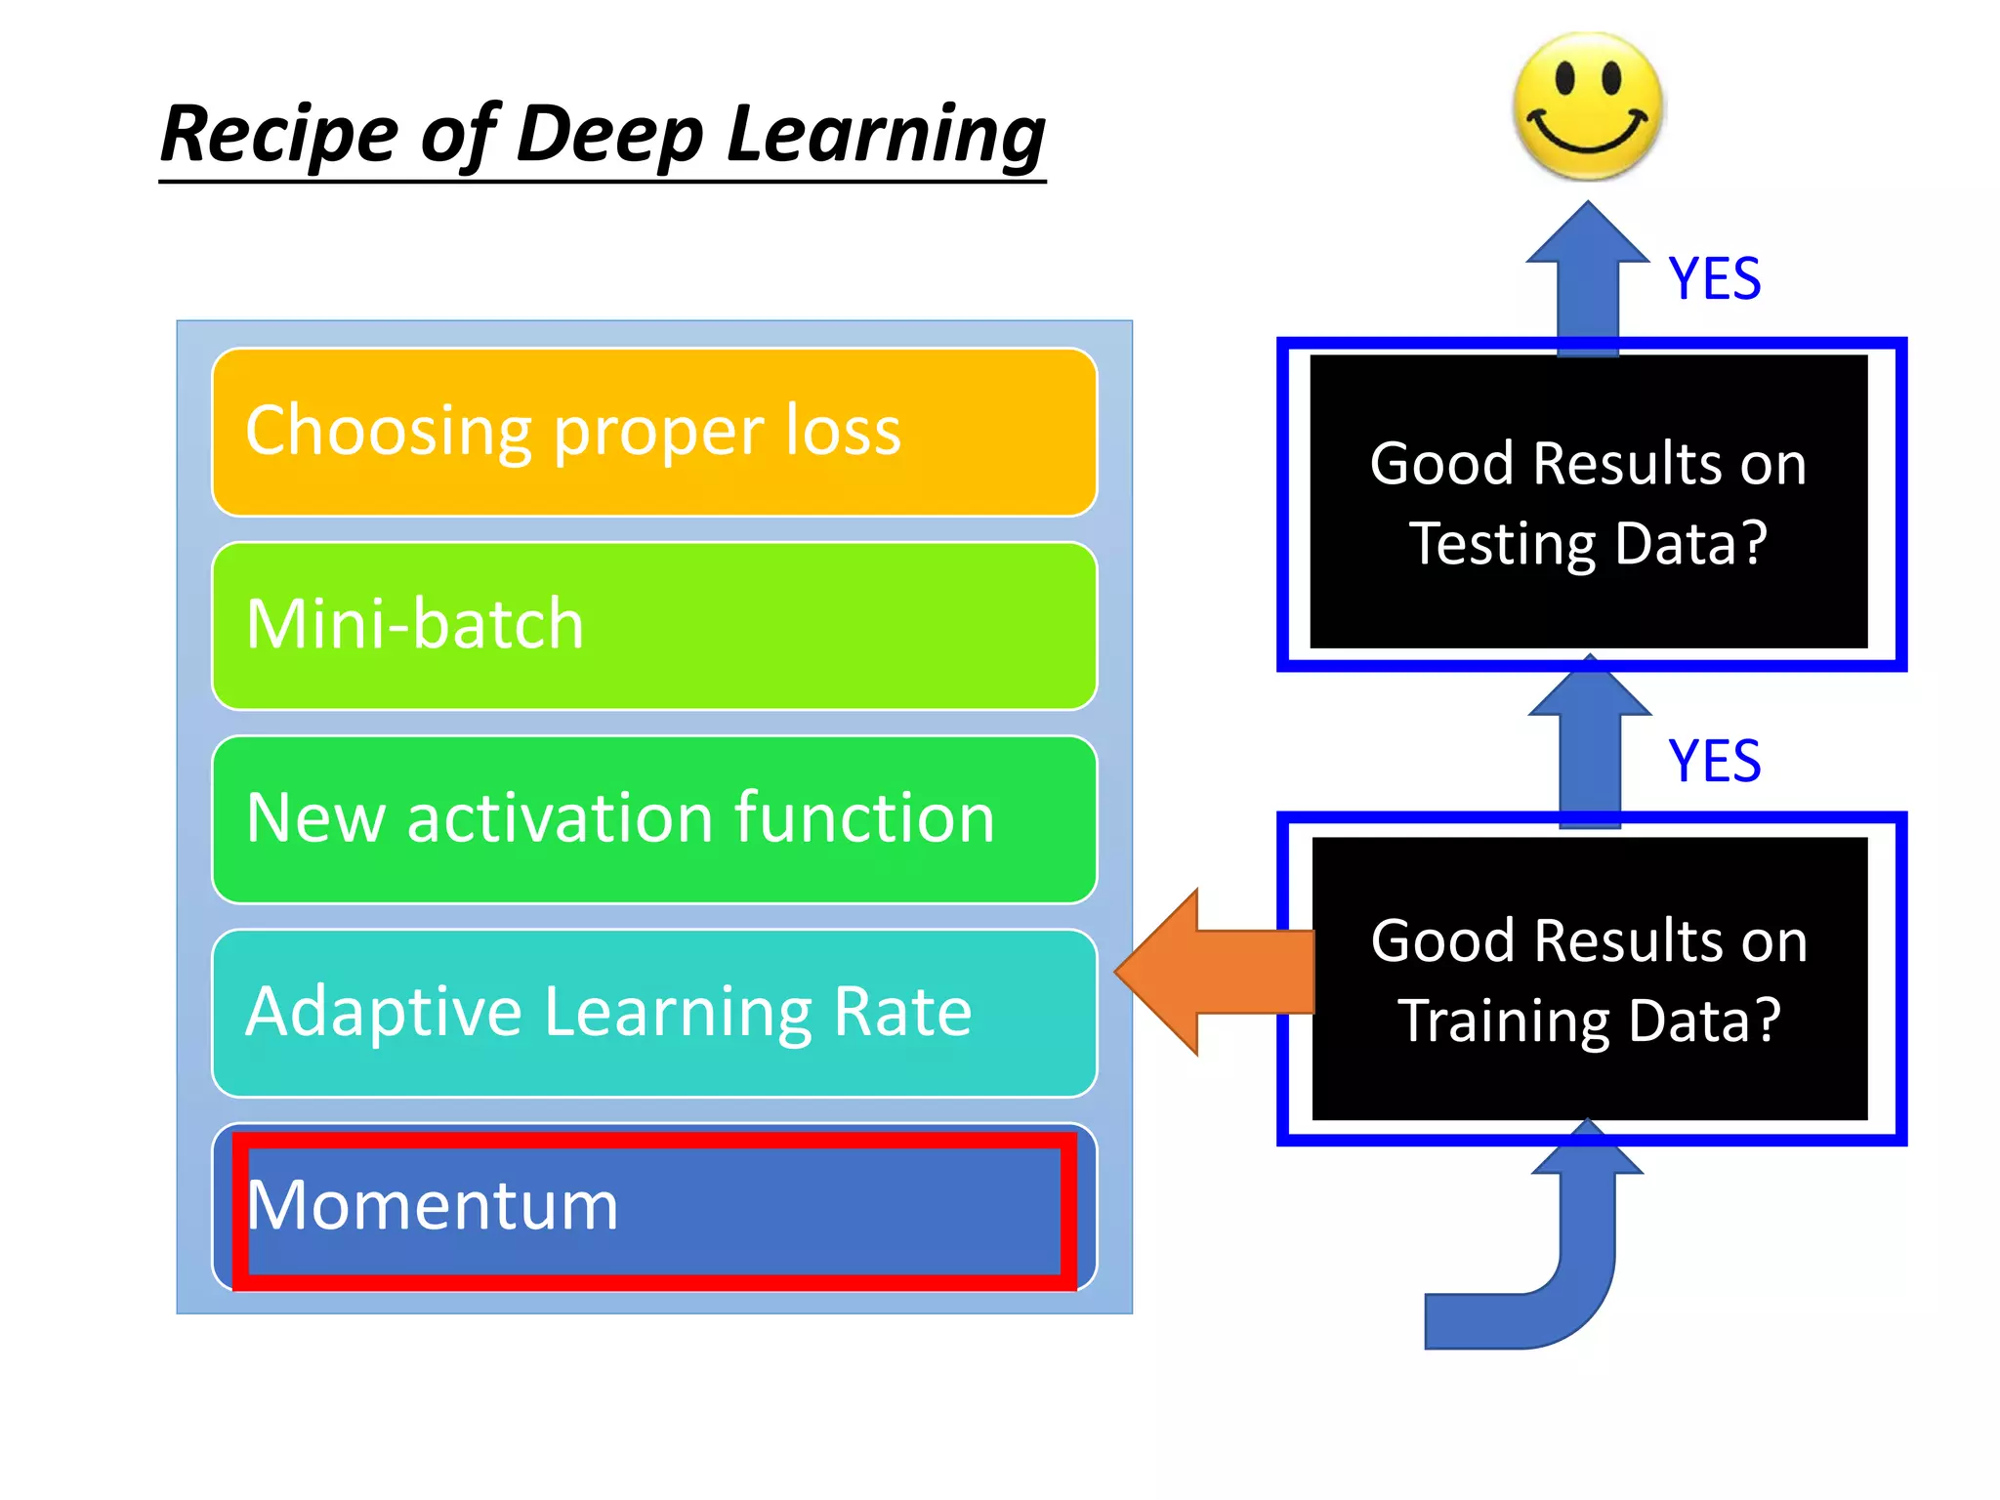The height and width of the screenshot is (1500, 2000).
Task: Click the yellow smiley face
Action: (x=1587, y=107)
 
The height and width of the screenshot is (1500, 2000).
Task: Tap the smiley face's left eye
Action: (x=1564, y=77)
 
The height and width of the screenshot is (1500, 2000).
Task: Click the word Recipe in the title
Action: (x=279, y=135)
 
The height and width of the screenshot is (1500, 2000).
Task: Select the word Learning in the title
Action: (x=886, y=135)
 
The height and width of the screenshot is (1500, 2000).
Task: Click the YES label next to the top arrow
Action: (x=1714, y=279)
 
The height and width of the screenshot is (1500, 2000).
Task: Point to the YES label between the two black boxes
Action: (x=1714, y=761)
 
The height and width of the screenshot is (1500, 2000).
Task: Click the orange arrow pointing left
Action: (x=1211, y=972)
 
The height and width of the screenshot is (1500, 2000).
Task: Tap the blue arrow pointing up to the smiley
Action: (x=1588, y=273)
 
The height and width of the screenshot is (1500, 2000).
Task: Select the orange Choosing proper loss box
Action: (x=654, y=432)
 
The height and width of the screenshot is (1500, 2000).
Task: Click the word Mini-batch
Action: (x=415, y=624)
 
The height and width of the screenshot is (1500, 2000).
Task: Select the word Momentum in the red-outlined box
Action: (x=433, y=1205)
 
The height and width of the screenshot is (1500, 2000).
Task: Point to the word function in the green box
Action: (x=864, y=817)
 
